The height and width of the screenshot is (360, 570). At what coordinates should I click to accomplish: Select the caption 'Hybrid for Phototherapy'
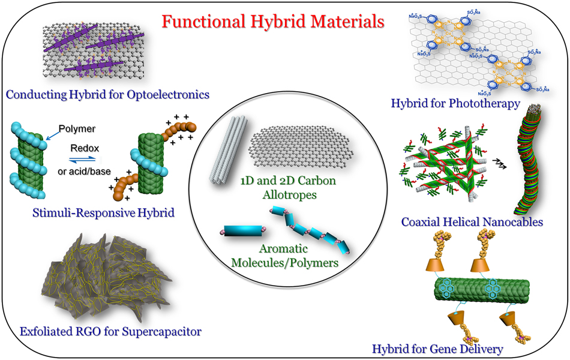click(455, 104)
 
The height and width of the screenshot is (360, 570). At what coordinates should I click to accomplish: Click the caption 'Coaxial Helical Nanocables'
click(472, 222)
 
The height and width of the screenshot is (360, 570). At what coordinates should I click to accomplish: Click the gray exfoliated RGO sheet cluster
click(98, 281)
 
